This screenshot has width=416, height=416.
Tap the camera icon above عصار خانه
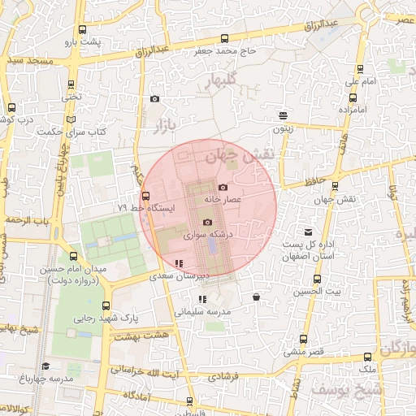click(223, 188)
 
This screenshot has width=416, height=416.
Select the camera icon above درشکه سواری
click(207, 223)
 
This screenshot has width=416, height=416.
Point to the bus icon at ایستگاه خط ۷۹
click(146, 196)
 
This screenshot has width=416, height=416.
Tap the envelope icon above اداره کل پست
click(307, 233)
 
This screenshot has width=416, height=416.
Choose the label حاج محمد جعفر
click(223, 51)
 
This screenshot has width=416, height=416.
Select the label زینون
click(282, 128)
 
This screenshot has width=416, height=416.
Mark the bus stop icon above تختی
click(72, 84)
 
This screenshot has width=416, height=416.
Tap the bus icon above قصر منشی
click(304, 340)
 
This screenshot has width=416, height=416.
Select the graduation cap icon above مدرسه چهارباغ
click(45, 366)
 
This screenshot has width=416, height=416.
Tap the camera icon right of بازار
click(154, 99)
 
